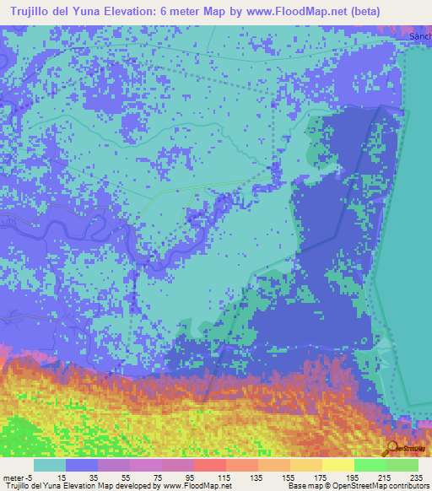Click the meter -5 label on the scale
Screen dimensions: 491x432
pyautogui.click(x=17, y=477)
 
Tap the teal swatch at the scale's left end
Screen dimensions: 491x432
pyautogui.click(x=49, y=465)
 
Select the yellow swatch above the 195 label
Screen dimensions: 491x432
pyautogui.click(x=337, y=465)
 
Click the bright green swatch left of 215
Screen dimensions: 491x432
pyautogui.click(x=370, y=465)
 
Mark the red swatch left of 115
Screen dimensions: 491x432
pyautogui.click(x=209, y=465)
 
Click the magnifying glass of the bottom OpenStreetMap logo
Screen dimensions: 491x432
pyautogui.click(x=391, y=448)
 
